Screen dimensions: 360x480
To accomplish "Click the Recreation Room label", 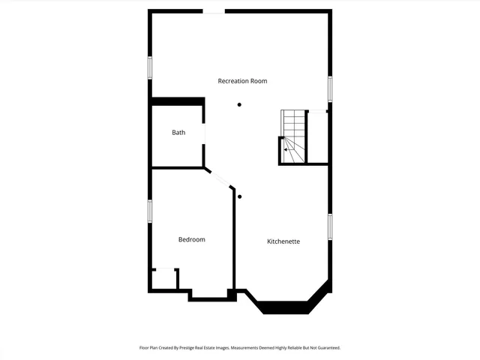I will click(x=242, y=81).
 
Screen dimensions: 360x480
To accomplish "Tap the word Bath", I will click(x=178, y=133).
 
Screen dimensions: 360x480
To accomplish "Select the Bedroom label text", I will click(x=191, y=239).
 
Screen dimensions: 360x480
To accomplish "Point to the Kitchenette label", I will click(x=283, y=241).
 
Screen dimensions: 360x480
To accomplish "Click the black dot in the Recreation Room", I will click(x=240, y=104).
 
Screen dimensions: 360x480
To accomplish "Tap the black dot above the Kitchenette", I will click(x=240, y=196).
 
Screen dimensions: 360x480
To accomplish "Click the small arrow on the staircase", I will click(x=286, y=149).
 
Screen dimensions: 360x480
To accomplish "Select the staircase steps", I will click(x=294, y=127).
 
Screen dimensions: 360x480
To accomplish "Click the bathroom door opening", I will click(x=204, y=133).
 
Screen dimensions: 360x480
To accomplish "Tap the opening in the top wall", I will click(x=214, y=11).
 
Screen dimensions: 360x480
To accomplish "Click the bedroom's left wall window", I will click(x=150, y=210).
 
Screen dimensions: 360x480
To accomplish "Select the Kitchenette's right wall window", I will click(x=329, y=226).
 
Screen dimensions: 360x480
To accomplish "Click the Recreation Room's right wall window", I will click(x=329, y=88).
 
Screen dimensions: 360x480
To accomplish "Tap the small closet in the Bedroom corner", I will click(x=164, y=279).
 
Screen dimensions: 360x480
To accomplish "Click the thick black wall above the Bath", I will click(x=178, y=101).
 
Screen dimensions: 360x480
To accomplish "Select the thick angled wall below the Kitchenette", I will click(x=285, y=307).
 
